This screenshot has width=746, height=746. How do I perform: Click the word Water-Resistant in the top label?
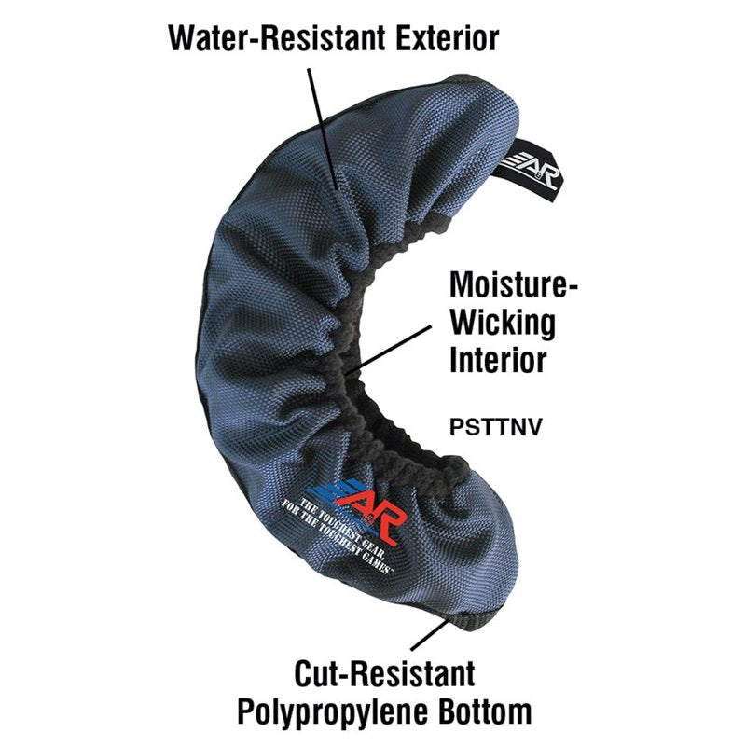pyautogui.click(x=277, y=38)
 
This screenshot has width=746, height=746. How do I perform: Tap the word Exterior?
pyautogui.click(x=448, y=38)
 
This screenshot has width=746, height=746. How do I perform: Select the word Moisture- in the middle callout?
pyautogui.click(x=514, y=284)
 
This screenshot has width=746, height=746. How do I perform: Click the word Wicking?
pyautogui.click(x=503, y=323)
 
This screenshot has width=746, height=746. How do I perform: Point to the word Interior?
pyautogui.click(x=498, y=360)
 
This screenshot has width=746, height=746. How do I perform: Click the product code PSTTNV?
pyautogui.click(x=496, y=427)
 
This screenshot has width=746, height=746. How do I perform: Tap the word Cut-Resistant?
pyautogui.click(x=384, y=673)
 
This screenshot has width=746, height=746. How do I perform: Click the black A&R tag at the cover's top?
pyautogui.click(x=528, y=170)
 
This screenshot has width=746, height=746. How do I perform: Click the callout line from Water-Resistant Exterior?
pyautogui.click(x=323, y=129)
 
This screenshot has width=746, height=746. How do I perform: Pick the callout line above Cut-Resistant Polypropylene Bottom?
pyautogui.click(x=429, y=634)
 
